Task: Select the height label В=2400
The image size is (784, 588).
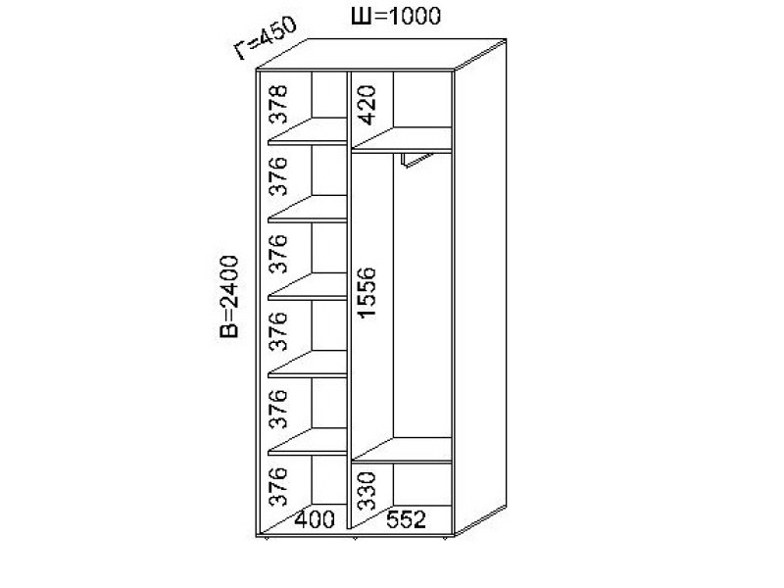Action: [228, 297]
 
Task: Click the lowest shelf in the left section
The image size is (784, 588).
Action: [310, 444]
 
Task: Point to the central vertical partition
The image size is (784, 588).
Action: [350, 294]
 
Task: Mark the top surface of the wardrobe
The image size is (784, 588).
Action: [382, 54]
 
